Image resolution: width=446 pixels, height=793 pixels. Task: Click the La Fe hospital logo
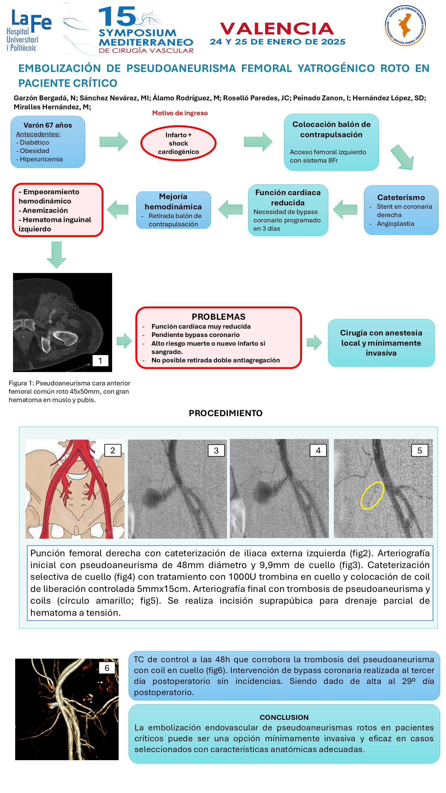tap(29, 30)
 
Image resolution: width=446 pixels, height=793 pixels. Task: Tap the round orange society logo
tap(405, 25)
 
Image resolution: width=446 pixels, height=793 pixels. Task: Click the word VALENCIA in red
tap(277, 28)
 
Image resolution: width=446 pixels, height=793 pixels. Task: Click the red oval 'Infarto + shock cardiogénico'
tap(178, 143)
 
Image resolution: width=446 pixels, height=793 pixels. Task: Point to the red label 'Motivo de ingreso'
tap(180, 113)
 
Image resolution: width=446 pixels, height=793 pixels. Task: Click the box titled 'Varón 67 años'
tap(48, 142)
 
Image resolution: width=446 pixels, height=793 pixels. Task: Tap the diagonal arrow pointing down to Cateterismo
tap(403, 157)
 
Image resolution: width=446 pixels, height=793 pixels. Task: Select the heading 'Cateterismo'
tap(401, 197)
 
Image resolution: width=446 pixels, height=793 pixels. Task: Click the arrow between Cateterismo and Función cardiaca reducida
tap(345, 210)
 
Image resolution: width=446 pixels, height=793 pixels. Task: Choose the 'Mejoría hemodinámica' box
tap(173, 210)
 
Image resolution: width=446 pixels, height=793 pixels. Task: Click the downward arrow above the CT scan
tap(56, 255)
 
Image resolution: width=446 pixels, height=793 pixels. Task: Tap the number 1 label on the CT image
tap(100, 361)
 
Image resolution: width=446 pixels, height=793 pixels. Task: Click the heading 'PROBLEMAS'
tap(219, 317)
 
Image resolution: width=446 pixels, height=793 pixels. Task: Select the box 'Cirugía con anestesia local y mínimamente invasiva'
tap(381, 343)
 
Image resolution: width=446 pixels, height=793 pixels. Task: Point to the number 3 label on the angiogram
tap(216, 450)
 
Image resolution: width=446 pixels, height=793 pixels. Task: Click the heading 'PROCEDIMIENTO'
tap(226, 413)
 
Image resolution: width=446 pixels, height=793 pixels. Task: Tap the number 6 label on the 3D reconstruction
tap(107, 668)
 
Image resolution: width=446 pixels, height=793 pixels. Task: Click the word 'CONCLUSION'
tap(284, 717)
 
